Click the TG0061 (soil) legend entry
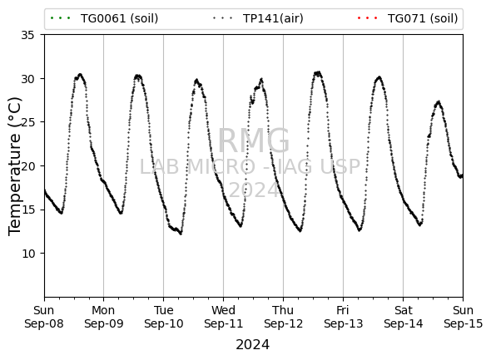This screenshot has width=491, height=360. (x=104, y=18)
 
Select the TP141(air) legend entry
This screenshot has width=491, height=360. (x=258, y=18)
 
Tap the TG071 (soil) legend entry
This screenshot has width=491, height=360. (x=408, y=18)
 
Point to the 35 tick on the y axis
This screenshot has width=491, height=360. (x=27, y=35)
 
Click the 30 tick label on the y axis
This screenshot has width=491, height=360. (x=27, y=78)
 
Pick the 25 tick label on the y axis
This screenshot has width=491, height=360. (x=27, y=122)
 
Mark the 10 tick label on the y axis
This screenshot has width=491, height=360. (x=27, y=253)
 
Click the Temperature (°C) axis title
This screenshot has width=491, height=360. (x=15, y=166)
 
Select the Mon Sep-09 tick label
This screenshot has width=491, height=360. (x=104, y=317)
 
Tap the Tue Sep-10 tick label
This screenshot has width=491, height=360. (x=163, y=317)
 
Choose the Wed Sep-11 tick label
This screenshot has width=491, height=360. (x=223, y=317)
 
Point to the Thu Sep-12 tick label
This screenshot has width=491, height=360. (x=284, y=317)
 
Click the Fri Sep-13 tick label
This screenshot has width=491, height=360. (x=343, y=317)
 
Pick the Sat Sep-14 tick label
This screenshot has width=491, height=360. (x=404, y=317)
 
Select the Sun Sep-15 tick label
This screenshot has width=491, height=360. (x=464, y=317)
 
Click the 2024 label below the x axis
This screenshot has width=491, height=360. (x=252, y=345)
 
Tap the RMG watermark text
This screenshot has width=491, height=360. (x=253, y=141)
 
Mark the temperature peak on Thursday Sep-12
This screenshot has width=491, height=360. (x=318, y=73)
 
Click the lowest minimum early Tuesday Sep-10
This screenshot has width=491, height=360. (x=181, y=234)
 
